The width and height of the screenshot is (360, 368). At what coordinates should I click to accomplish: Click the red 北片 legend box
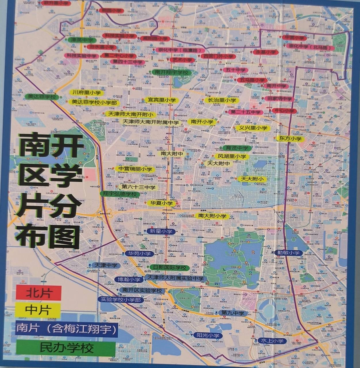coord(39,293)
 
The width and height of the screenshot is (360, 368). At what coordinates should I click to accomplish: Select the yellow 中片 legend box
coord(38,310)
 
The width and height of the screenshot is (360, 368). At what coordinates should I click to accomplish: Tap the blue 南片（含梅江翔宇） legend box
coord(67,329)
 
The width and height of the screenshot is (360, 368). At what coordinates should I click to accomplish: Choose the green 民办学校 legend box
coord(66,348)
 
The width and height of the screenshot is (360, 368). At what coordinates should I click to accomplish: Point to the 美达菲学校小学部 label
coord(94,102)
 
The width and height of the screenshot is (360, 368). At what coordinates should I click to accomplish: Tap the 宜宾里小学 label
coord(161,100)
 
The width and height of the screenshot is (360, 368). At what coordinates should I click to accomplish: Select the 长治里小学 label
coord(222,100)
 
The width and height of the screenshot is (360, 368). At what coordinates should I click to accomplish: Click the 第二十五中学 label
coord(245,112)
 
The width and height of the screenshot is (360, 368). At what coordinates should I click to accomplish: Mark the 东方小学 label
coord(290,139)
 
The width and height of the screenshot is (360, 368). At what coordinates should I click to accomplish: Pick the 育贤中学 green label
coord(237,148)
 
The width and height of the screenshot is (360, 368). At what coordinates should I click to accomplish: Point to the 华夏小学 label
coord(161,203)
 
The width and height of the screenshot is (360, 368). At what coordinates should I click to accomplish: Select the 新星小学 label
coord(161,231)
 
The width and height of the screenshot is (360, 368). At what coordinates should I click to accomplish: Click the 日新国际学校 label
coord(170,267)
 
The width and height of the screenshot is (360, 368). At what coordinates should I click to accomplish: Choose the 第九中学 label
coord(232,313)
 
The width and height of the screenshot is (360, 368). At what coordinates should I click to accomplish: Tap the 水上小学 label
coord(272,341)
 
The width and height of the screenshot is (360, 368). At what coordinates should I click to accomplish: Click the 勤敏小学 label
coord(288,253)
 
